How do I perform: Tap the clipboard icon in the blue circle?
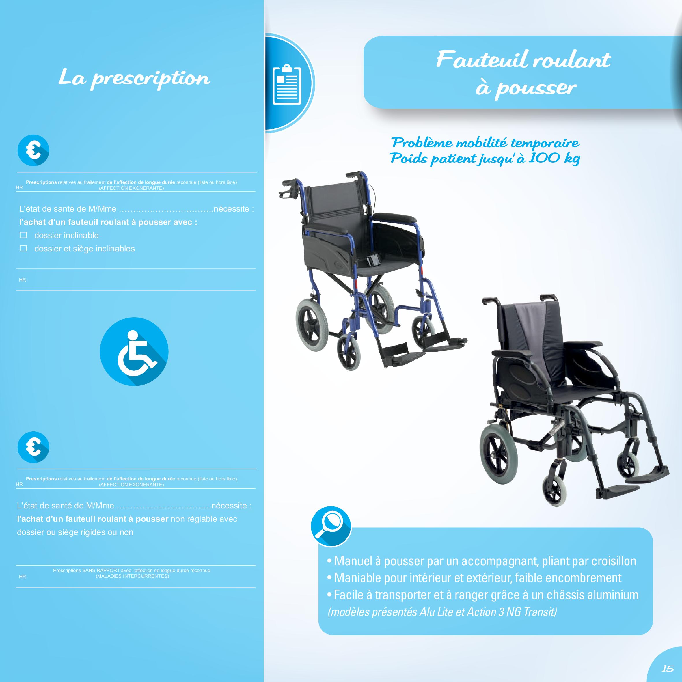click(x=287, y=84)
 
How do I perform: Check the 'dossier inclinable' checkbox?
click(x=23, y=235)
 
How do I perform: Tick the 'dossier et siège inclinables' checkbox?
click(x=23, y=249)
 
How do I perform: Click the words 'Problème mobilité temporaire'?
click(x=485, y=143)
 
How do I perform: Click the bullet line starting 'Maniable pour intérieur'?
click(x=474, y=577)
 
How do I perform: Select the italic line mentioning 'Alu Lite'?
click(x=442, y=611)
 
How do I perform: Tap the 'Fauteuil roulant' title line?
click(x=523, y=59)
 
